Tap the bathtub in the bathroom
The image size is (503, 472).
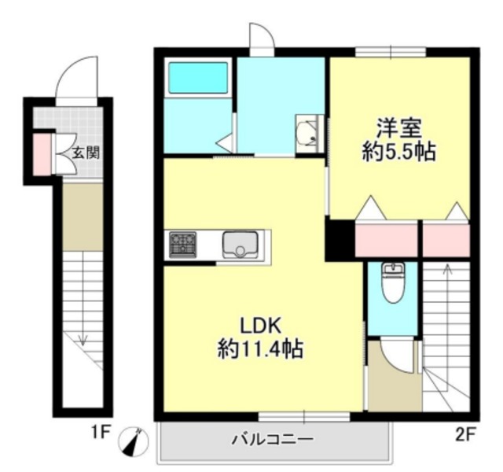(198, 78)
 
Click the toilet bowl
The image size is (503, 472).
(393, 283)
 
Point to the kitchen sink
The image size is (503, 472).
(240, 244)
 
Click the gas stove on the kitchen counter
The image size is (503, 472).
(183, 245)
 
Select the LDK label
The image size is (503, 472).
(261, 325)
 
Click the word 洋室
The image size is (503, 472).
(398, 128)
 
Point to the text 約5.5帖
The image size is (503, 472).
(399, 151)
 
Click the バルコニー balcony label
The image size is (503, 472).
(273, 439)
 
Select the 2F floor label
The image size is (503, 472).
(464, 435)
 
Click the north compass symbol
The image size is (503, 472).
(134, 441)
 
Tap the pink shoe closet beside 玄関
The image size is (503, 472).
(42, 155)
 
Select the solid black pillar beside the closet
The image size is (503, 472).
(340, 238)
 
